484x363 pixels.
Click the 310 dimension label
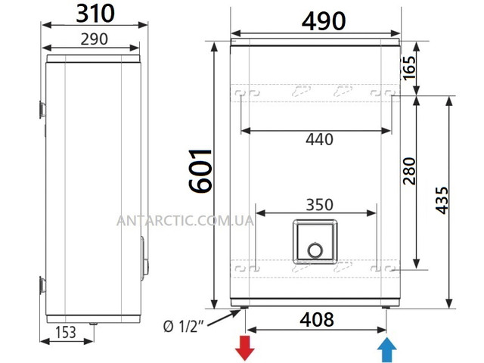pos(95,14)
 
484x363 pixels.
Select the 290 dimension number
pos(94,39)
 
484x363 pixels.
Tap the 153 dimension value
pos(66,332)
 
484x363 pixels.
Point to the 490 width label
pos(324,21)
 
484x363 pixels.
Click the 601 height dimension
pos(200,172)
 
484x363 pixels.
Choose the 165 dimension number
pos(409,68)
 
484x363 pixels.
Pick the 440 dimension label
pos(319,139)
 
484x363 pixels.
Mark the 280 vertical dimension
pos(409,171)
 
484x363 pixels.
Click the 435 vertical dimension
pos(442,200)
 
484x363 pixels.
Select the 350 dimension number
pos(319,205)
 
